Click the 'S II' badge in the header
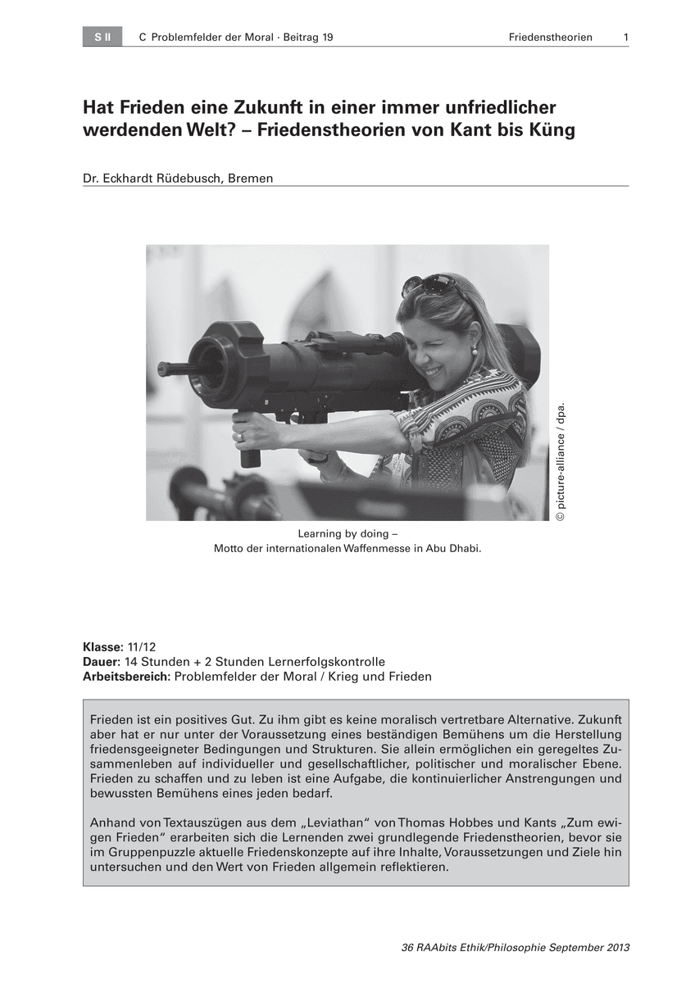[102, 38]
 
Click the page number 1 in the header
[625, 38]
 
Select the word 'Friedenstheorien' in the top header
[550, 38]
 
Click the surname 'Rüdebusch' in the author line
[187, 177]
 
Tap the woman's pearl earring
[474, 351]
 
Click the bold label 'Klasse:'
[103, 647]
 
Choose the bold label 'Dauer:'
[102, 662]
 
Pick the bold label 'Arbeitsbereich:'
[127, 677]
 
